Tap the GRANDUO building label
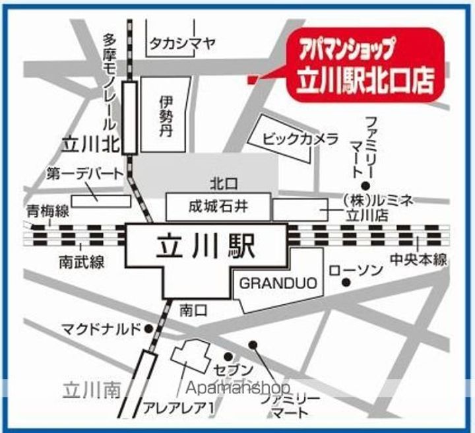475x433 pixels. click(278, 284)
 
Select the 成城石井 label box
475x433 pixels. click(218, 207)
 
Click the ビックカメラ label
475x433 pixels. click(300, 139)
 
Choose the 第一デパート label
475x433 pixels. click(85, 174)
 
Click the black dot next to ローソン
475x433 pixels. click(346, 283)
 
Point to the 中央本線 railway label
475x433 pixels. click(418, 259)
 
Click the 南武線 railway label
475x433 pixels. click(80, 261)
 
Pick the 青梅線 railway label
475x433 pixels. click(47, 212)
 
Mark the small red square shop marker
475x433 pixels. click(251, 81)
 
